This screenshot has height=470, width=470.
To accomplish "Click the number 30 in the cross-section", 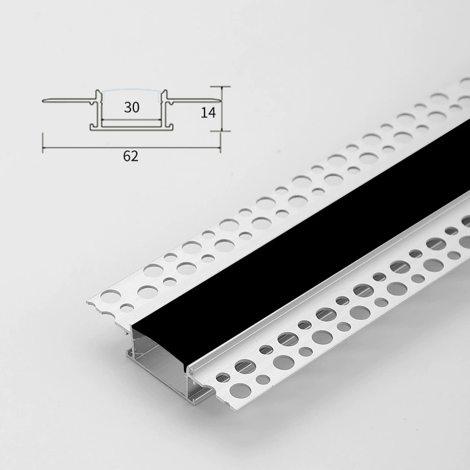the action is [x=132, y=108].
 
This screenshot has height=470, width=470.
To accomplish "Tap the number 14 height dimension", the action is [x=208, y=112].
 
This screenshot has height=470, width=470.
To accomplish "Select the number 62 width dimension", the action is [x=130, y=156].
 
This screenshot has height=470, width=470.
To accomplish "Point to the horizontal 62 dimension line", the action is [x=132, y=147].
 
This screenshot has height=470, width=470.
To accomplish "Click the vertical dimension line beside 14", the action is [x=222, y=109].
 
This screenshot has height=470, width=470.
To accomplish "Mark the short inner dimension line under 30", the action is [x=132, y=120].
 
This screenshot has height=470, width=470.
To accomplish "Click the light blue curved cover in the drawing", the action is [x=132, y=90].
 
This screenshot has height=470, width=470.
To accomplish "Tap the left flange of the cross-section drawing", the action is [x=69, y=100].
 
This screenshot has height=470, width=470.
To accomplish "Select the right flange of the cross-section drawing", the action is [x=194, y=100].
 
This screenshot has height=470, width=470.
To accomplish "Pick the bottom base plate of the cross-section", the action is [x=132, y=128].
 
